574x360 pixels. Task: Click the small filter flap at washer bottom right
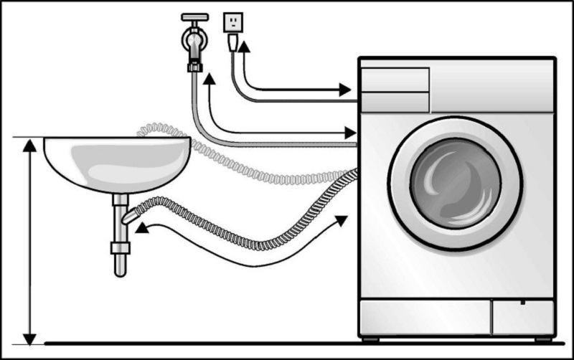click(522, 316)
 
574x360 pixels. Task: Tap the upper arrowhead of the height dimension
click(29, 145)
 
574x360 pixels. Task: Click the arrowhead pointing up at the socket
click(245, 47)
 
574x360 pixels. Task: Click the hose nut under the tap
click(194, 67)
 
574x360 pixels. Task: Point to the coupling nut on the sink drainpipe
click(119, 249)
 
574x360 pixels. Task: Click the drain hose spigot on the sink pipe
click(130, 214)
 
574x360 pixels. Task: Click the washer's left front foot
click(370, 338)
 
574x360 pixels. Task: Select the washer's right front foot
click(543, 338)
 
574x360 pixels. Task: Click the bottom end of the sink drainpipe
click(119, 270)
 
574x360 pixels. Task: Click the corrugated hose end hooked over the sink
click(142, 129)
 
